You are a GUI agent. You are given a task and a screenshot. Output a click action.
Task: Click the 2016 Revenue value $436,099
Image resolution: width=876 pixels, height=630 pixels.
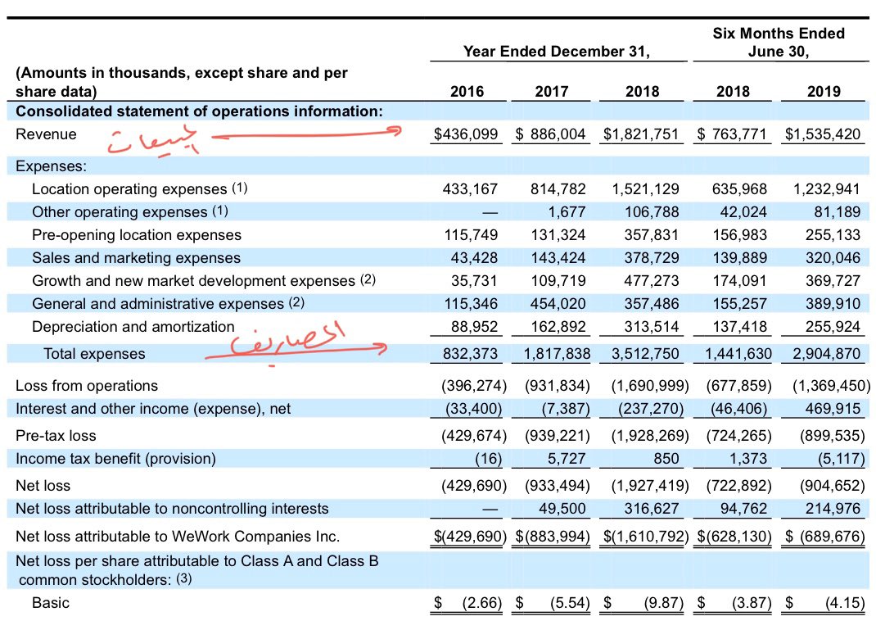[x=466, y=134]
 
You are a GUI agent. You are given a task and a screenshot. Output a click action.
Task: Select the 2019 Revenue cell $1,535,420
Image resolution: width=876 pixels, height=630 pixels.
[x=823, y=134]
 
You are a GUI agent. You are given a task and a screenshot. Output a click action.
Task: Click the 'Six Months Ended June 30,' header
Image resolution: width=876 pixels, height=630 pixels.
[x=779, y=42]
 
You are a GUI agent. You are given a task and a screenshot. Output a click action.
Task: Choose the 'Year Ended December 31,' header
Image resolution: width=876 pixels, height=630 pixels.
[x=557, y=52]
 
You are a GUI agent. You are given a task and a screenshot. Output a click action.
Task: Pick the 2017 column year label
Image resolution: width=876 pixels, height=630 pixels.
[x=551, y=91]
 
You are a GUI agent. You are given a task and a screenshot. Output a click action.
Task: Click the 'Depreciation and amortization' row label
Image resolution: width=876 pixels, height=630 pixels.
[x=133, y=327]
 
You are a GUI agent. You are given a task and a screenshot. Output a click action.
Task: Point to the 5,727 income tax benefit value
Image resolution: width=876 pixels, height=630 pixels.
[x=568, y=458]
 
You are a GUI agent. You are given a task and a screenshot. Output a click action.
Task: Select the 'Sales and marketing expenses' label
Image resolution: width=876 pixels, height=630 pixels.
[x=136, y=258]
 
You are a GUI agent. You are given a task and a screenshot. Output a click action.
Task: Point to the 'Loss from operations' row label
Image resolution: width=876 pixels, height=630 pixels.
[x=87, y=386]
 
